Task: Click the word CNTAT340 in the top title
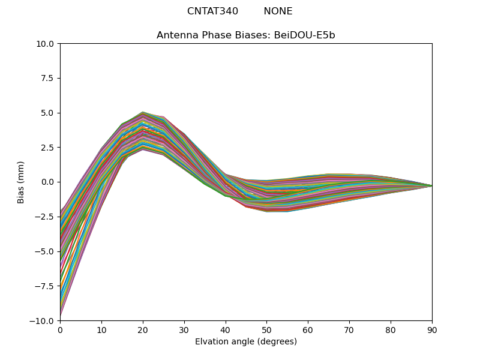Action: [x=212, y=11]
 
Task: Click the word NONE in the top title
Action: [x=278, y=11]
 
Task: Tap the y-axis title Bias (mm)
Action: [x=21, y=182]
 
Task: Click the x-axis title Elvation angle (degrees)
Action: [x=246, y=341]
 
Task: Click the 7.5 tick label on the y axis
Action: [x=48, y=79]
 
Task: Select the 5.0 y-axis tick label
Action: [x=48, y=113]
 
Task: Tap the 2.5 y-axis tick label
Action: [x=48, y=148]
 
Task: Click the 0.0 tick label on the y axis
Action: [x=48, y=182]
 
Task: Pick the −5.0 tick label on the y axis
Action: [x=46, y=251]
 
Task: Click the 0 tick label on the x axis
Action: [x=60, y=329]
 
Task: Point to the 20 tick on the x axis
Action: [x=143, y=329]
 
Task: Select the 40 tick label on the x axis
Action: [x=226, y=329]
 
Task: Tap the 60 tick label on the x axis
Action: [x=308, y=329]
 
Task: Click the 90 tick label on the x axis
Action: [x=432, y=329]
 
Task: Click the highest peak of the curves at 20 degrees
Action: [x=143, y=112]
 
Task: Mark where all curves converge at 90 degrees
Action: [x=431, y=186]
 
